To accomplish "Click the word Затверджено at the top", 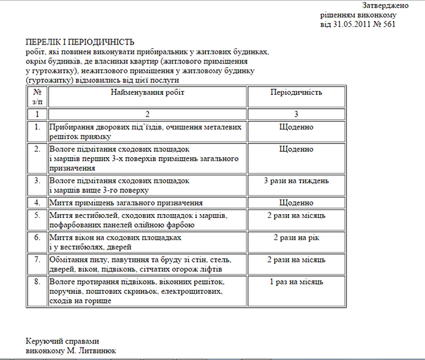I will coord(385,5).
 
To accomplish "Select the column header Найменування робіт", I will coord(147,93).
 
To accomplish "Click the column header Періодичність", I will coord(296,93).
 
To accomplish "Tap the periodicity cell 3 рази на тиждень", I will coord(296,180).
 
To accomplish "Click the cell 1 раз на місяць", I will coord(296,281).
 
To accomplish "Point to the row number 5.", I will coord(37,215).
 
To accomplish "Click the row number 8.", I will coord(37,281).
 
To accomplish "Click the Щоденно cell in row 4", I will coord(296,203).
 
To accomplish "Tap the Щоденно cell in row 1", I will coord(296,127).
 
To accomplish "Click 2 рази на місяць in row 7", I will coord(296,260).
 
